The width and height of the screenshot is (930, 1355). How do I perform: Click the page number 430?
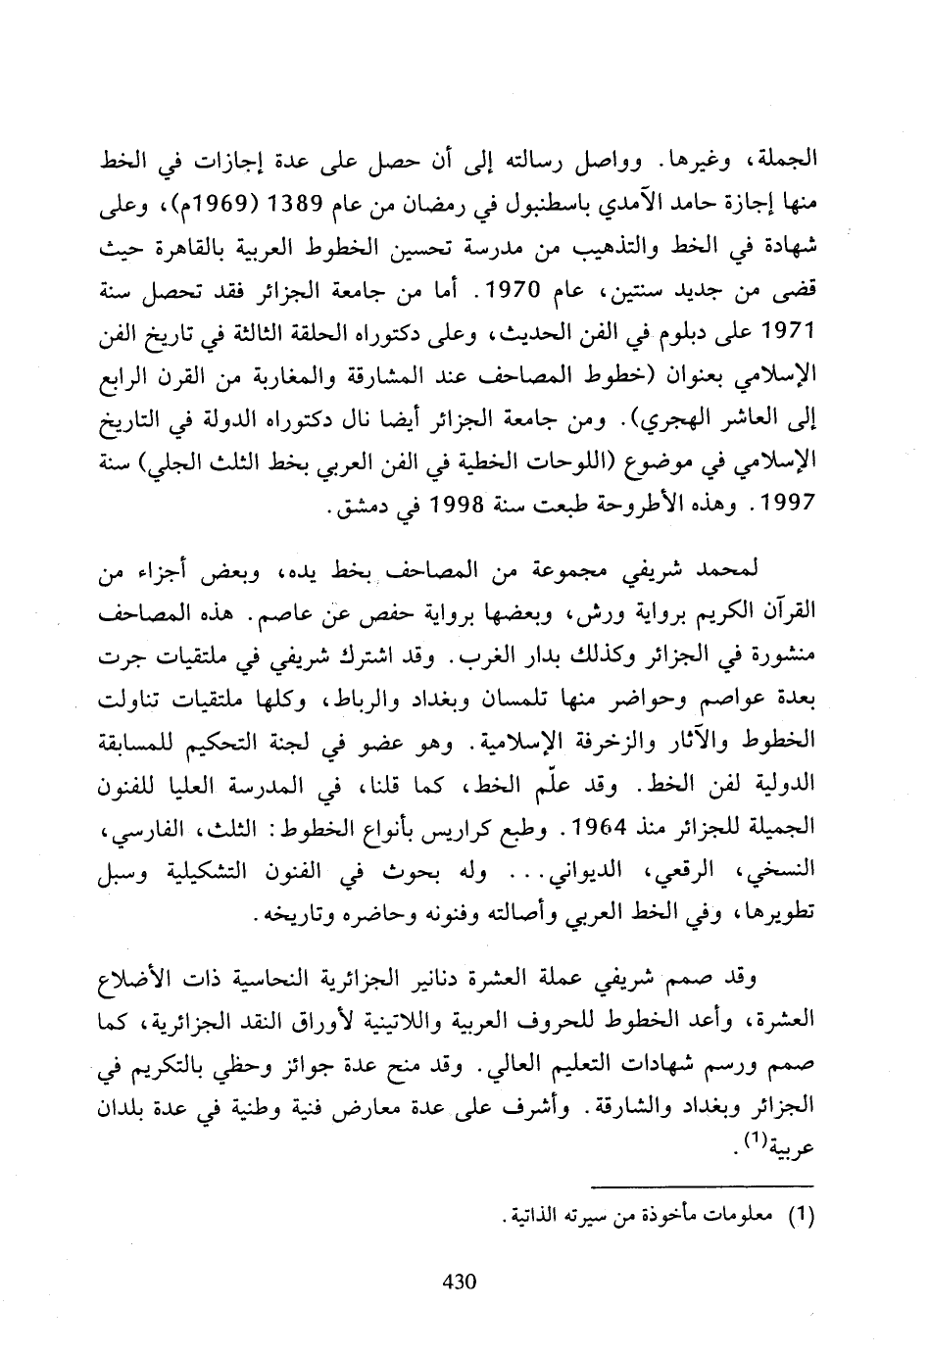[460, 1281]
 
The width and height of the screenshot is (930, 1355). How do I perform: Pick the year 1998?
[445, 511]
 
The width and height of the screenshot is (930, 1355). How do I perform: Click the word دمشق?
[359, 511]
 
